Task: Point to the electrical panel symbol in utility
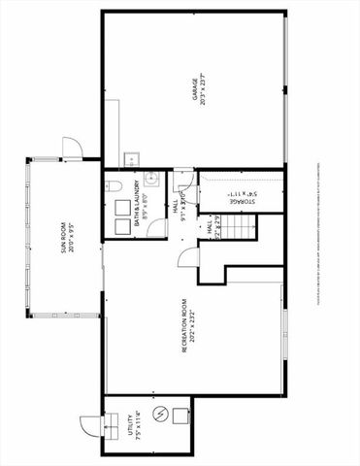160,415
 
